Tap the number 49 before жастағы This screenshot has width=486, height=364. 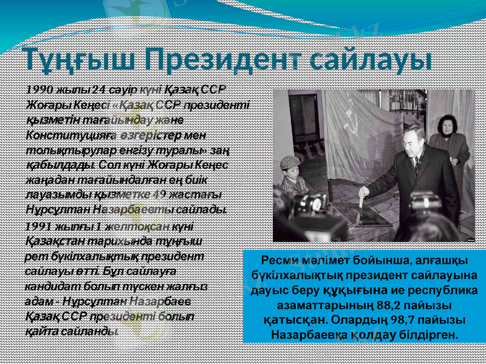pos(159,195)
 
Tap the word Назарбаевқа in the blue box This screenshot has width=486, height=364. pos(311,334)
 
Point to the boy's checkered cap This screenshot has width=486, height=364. pos(290,161)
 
